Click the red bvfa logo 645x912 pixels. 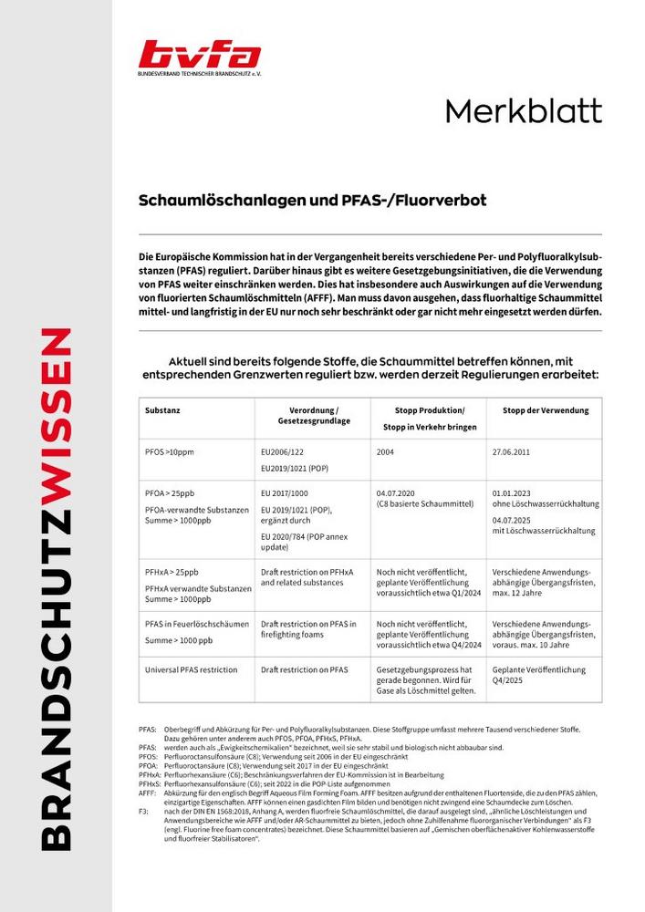(199, 55)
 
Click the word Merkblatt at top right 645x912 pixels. (523, 112)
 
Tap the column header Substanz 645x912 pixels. (163, 410)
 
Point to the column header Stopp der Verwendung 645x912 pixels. (546, 410)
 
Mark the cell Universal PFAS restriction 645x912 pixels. (191, 669)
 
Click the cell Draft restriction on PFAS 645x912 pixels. (305, 669)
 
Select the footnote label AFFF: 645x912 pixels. (148, 793)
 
